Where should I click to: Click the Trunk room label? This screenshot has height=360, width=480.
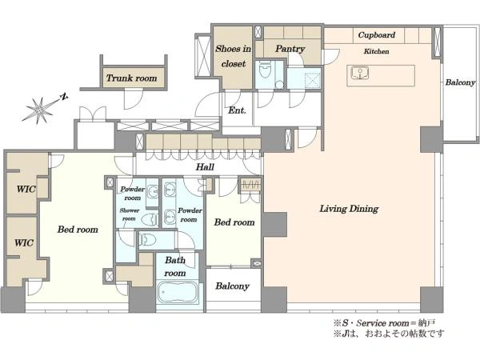point(132,78)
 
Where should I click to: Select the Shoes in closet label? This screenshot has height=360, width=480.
point(234,56)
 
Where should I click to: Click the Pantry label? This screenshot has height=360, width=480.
point(290,49)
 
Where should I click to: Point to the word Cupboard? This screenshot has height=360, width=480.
point(377,35)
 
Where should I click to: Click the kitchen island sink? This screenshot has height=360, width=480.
point(360,74)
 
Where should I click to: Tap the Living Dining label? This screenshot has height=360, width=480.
point(349,209)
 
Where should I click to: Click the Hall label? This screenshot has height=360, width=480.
point(205,167)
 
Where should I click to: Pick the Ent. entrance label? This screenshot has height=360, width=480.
point(237,110)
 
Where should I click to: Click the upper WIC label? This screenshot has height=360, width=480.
point(26,189)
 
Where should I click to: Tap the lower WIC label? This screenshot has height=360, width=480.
point(24,243)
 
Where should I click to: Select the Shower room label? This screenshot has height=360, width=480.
point(129,214)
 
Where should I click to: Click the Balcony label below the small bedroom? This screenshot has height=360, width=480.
point(232,286)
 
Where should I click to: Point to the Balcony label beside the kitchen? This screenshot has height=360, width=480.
point(460,82)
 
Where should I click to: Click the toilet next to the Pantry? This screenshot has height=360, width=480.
point(265,70)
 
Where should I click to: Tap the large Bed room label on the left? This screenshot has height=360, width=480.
point(78,230)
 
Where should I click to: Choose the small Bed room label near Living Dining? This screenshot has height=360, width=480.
point(234,222)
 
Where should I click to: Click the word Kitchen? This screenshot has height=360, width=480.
point(376,51)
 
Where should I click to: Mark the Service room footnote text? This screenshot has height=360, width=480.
point(385,323)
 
